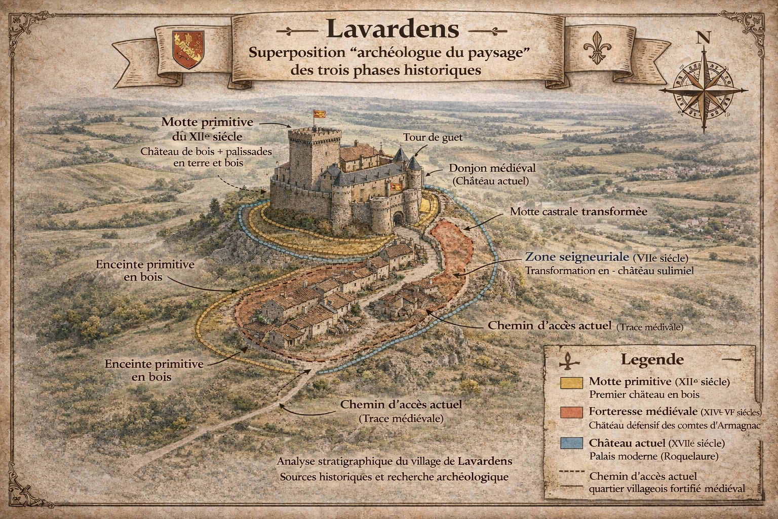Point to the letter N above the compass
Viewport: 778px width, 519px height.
pyautogui.click(x=703, y=38)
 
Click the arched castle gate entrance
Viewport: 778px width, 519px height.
pyautogui.click(x=399, y=218)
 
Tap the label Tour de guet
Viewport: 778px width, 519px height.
pyautogui.click(x=433, y=137)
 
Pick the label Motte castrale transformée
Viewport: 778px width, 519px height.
pyautogui.click(x=578, y=211)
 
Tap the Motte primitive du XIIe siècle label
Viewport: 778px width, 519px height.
pyautogui.click(x=207, y=129)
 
